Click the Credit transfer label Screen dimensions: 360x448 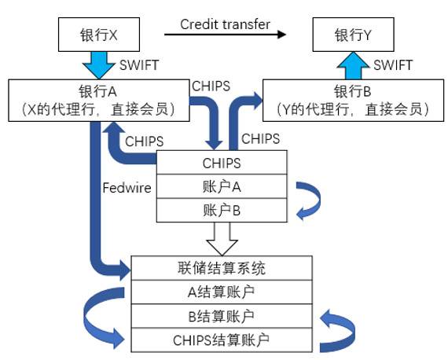tap(225, 24)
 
